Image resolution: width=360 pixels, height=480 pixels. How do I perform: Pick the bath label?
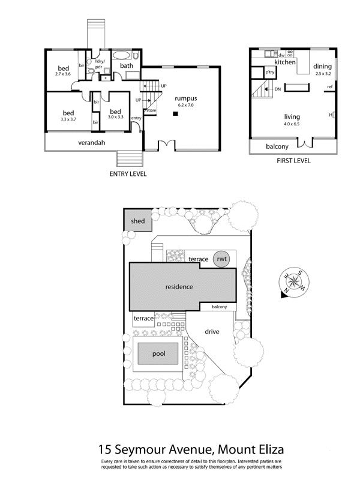pos(127,65)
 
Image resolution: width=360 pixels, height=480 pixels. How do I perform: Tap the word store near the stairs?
pos(151,110)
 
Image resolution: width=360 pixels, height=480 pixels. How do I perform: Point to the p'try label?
pos(270,73)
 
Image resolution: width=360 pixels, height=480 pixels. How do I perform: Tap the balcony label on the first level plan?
pos(278,146)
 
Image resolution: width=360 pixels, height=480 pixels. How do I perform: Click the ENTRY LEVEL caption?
pos(128,174)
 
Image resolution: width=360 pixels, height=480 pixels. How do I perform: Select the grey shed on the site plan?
pos(138,221)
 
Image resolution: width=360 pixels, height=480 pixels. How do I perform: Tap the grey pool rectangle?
pos(158,353)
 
